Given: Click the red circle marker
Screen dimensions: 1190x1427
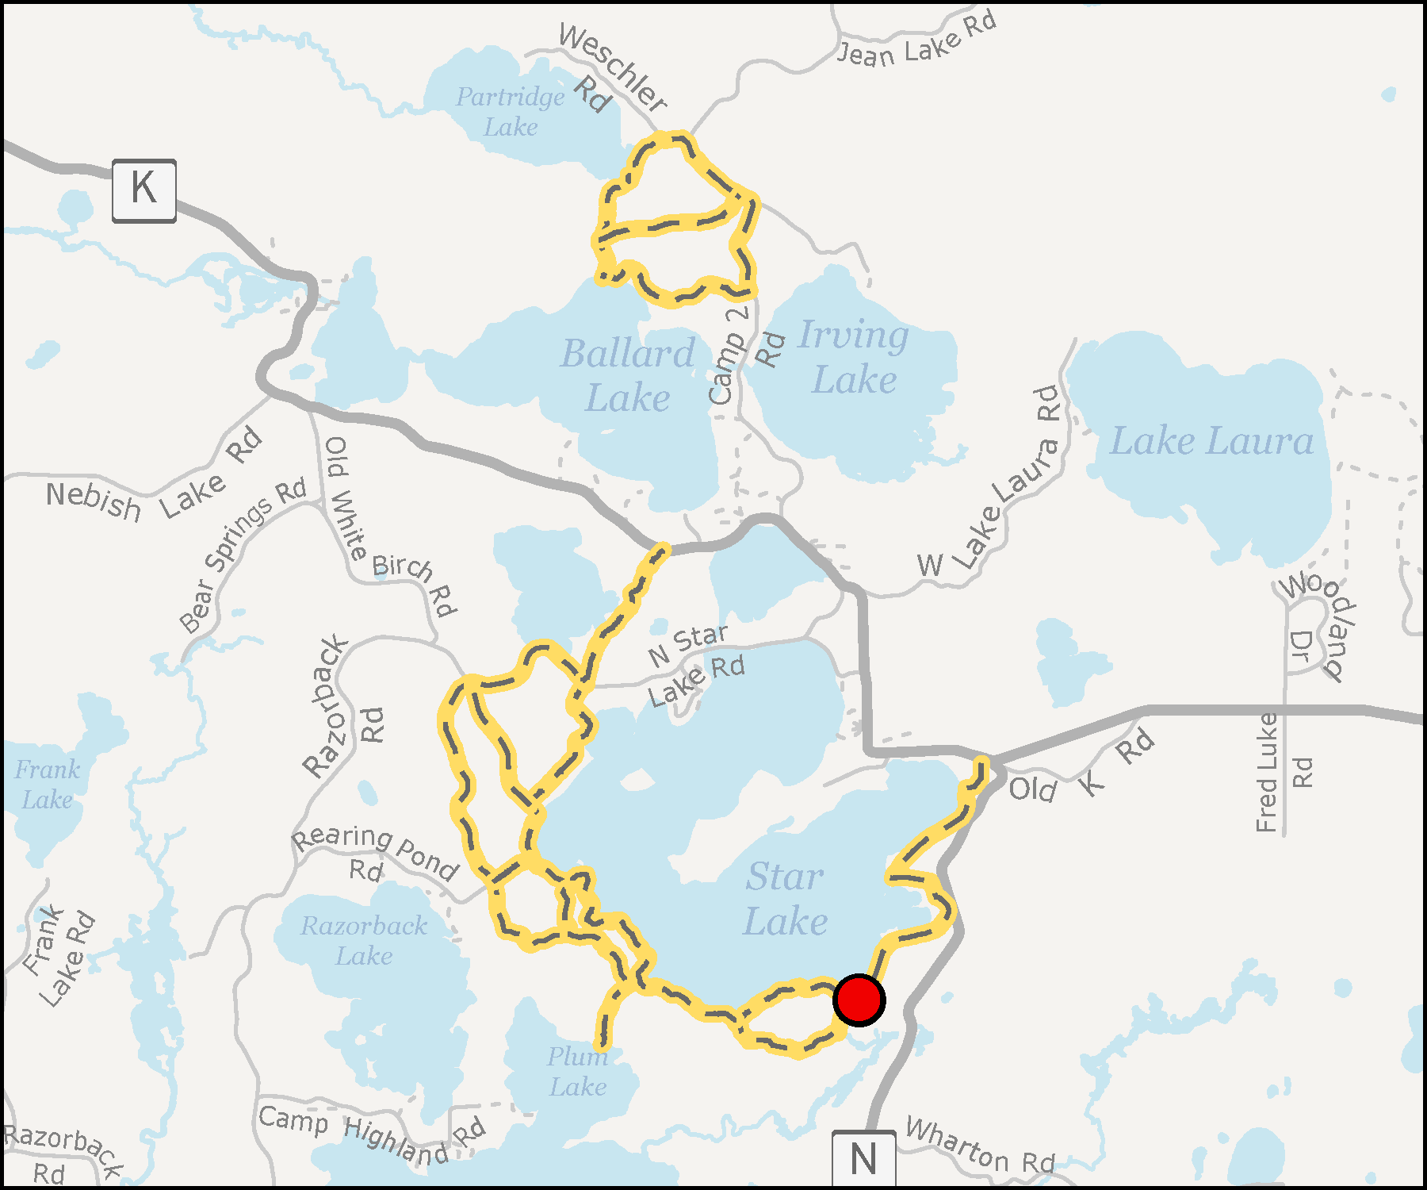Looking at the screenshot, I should coord(859,1000).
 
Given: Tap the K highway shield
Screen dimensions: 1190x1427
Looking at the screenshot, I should coord(143,190).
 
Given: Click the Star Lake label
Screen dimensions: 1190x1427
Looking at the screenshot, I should coord(785,899).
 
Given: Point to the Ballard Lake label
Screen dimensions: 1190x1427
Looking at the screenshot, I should coord(628,375).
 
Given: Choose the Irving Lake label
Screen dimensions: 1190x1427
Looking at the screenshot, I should coord(854,357).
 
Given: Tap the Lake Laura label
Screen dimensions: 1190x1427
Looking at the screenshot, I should coord(1211,441).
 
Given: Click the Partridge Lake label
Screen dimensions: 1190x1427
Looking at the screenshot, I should coord(511,112).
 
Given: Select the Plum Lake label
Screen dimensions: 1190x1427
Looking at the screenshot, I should coord(578,1071).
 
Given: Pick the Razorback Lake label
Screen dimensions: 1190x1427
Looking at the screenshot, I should coord(364,940).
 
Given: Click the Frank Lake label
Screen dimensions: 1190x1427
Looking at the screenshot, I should coord(48,784).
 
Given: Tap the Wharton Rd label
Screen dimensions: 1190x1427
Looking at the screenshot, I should coord(980,1146).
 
